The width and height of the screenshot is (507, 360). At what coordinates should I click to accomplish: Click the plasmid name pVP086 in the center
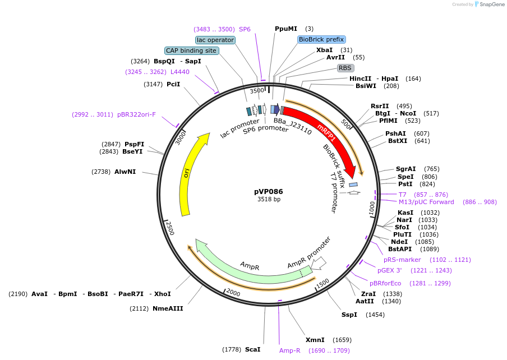269,191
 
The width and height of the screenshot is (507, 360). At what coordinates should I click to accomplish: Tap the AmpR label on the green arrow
249,265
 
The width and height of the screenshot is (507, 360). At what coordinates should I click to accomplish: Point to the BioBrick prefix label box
321,39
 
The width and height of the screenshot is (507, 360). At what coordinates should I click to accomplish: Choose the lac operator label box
215,40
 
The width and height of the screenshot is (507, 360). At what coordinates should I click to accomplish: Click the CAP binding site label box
191,50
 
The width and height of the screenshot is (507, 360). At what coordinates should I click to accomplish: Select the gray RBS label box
344,68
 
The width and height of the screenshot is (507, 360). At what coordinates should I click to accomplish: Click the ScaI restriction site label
252,349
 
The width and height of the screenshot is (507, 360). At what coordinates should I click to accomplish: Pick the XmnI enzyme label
315,340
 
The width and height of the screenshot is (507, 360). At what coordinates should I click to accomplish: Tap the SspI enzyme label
349,315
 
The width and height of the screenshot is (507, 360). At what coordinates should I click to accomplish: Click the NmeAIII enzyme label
168,308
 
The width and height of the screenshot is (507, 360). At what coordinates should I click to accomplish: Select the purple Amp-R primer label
290,350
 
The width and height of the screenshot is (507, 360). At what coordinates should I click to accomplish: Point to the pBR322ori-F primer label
137,114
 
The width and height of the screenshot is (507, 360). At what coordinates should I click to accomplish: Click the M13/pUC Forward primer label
426,202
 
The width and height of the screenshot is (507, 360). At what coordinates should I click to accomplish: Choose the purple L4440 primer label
180,72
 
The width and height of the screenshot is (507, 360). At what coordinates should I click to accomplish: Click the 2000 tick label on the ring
233,293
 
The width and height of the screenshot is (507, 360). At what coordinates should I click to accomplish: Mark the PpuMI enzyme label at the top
286,29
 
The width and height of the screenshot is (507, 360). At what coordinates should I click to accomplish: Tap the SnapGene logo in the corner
488,4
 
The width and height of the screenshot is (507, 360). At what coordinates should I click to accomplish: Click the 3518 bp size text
269,200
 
